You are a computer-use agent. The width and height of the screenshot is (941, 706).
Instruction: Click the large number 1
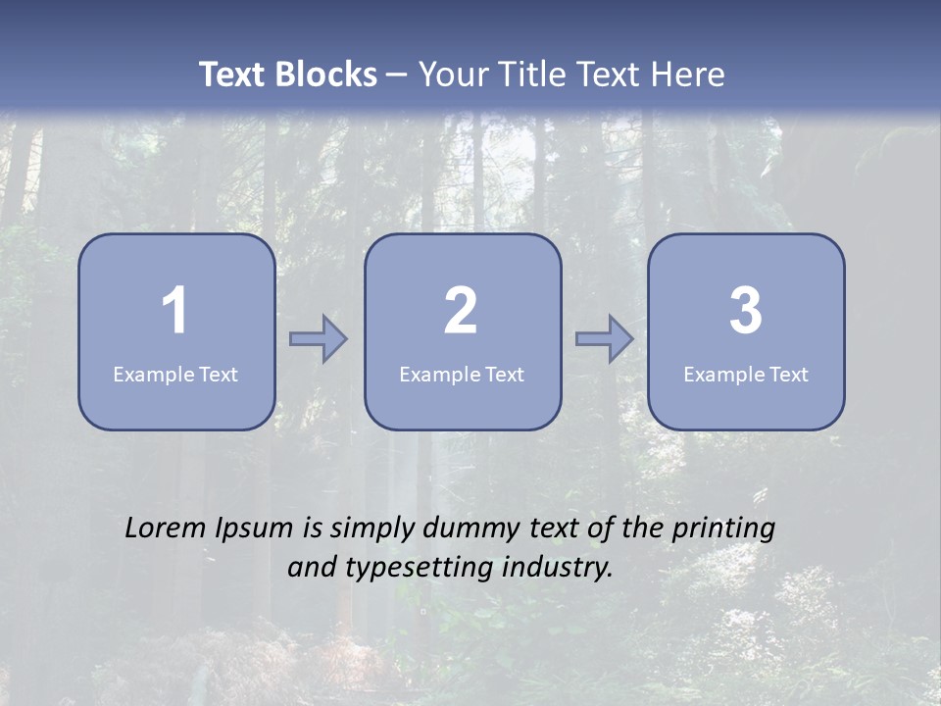175,311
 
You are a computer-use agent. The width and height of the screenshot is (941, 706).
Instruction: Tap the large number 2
461,311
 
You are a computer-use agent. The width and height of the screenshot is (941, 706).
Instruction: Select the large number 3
746,311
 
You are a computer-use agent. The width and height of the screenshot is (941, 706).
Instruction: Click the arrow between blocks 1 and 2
319,339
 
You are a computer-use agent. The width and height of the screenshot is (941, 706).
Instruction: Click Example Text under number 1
175,374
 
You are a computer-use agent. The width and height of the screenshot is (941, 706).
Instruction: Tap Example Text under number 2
462,374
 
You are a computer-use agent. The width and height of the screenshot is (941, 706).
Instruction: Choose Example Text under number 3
746,374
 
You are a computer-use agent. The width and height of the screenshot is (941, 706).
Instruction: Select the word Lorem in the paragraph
166,528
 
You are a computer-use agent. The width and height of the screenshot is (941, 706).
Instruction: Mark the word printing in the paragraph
723,529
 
